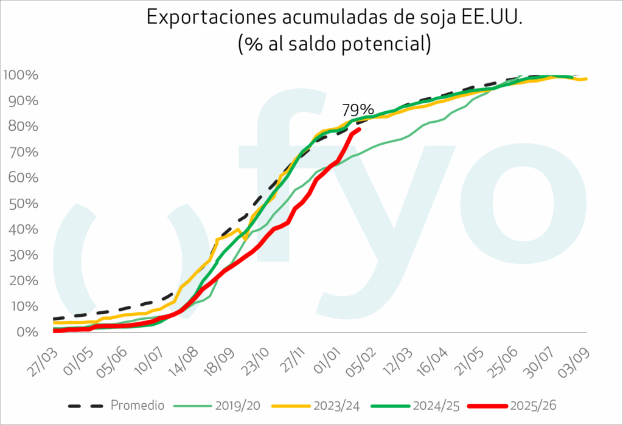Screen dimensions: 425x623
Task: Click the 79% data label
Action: click(x=358, y=110)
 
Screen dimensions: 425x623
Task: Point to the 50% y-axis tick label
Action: click(x=23, y=204)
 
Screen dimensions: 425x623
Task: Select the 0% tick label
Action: click(x=27, y=332)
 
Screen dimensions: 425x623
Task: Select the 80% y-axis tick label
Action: click(x=23, y=126)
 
